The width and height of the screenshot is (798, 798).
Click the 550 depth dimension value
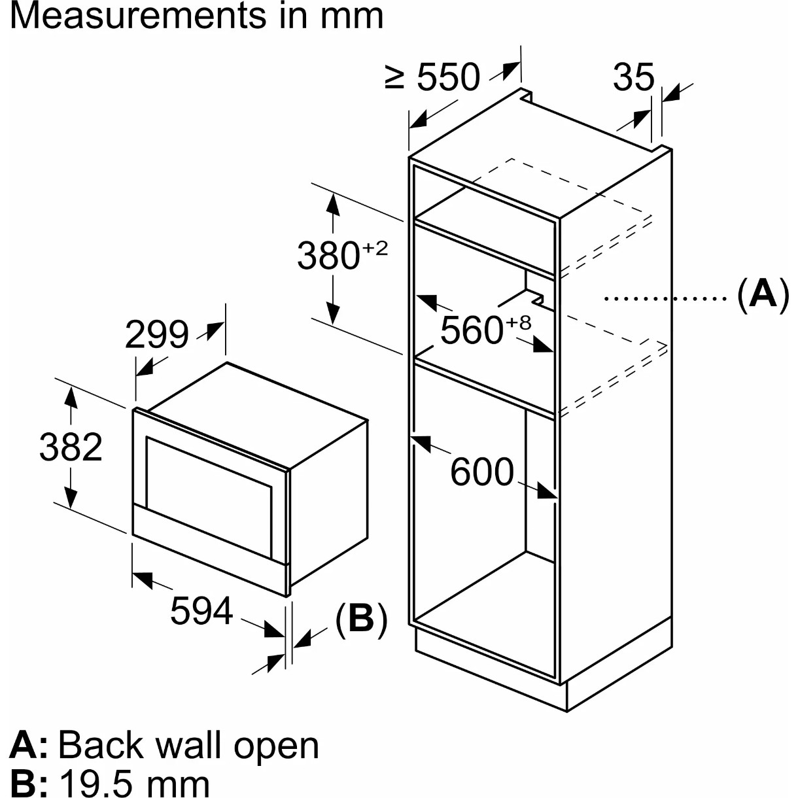pos(449,77)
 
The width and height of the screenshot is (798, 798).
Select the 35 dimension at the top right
pos(633,77)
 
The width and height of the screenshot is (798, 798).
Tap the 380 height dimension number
pos(328,256)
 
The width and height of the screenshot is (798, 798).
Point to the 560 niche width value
pos(472,330)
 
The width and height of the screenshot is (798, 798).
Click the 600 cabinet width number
pos(482,472)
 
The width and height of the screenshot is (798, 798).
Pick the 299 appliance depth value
pos(156,334)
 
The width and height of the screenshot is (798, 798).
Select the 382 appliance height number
pos(71,447)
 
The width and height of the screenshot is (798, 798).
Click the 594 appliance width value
pos(201,611)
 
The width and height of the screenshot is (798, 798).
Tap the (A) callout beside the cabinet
pos(763,294)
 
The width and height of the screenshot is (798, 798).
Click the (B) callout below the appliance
pos(361,618)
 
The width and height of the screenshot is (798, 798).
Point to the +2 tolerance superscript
pos(375,248)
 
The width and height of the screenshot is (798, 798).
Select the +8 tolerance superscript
pos(519,322)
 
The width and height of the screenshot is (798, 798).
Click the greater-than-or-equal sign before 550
pos(395,78)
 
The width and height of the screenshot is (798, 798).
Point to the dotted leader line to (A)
pos(665,299)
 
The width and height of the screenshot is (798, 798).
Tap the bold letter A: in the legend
pos(27,745)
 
